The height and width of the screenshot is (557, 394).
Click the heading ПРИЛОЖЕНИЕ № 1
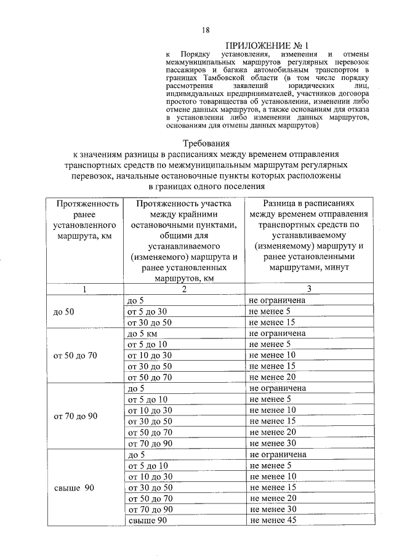266,46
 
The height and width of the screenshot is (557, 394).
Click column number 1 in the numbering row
86,289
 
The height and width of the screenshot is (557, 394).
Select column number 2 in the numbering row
183,289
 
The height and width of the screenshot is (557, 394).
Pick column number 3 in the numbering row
310,289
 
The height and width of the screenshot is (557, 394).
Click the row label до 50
63,311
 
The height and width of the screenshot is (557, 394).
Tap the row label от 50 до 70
75,355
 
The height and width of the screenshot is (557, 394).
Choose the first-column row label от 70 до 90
76,415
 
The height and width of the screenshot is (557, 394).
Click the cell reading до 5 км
140,333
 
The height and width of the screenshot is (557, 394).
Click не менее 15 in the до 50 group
273,322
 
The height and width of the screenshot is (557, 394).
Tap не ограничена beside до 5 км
278,333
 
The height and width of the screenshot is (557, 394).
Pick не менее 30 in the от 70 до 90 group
273,443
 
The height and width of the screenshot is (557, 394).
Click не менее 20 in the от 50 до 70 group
273,377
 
